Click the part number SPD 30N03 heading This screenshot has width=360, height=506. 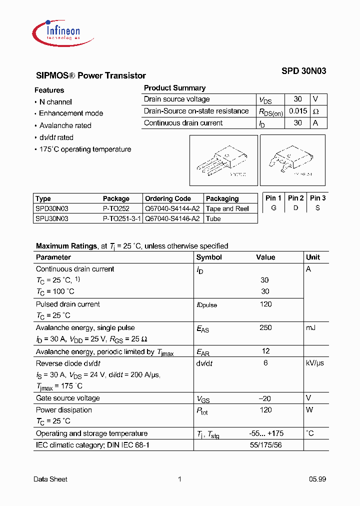pos(303,71)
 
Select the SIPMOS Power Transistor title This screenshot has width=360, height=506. pos(91,76)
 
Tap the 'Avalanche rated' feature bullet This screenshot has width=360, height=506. pos(65,125)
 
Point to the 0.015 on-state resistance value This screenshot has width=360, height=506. pos(298,111)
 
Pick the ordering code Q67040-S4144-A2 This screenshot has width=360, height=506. pos(172,208)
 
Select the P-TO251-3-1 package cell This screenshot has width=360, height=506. pos(122,218)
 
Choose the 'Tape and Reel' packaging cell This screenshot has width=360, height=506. pos(227,208)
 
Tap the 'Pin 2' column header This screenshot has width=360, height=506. pos(295,198)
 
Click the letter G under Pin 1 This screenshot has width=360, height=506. pos(273,208)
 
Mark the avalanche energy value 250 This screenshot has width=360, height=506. pos(265,327)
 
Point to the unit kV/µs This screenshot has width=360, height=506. pos(315,363)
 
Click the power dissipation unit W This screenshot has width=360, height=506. pos(309,410)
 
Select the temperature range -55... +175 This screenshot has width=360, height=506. pos(266,433)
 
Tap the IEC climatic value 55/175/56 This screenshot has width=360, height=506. pos(265,445)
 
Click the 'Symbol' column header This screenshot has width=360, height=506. pos(209,257)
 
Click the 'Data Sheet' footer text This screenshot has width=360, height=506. pos(50,479)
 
